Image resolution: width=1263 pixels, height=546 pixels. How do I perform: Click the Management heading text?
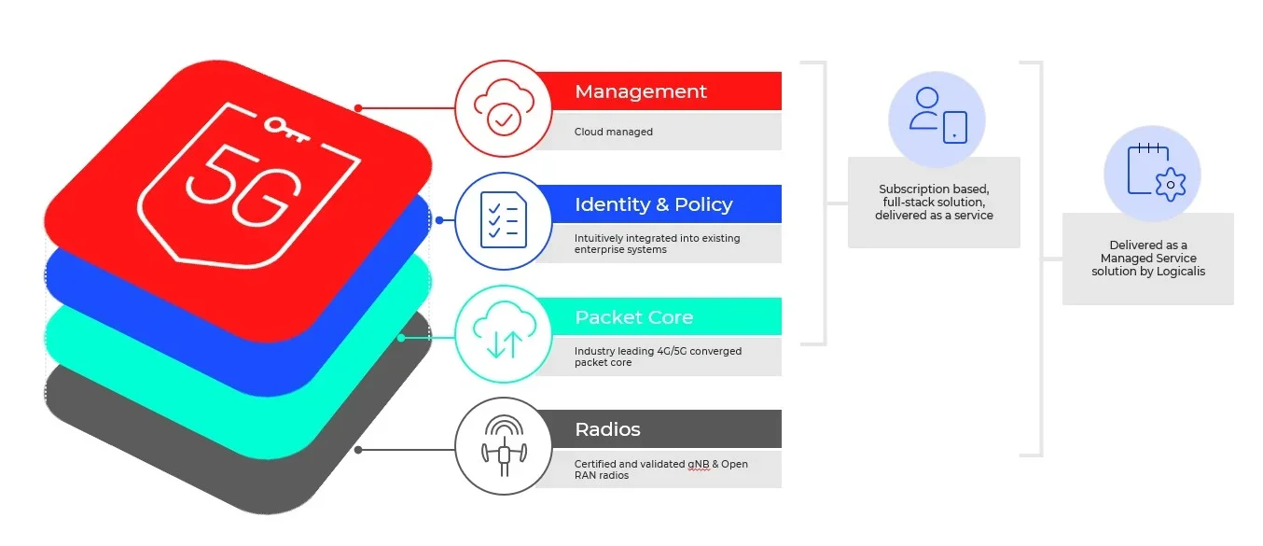pos(641,91)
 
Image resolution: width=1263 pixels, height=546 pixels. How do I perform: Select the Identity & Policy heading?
pos(654,204)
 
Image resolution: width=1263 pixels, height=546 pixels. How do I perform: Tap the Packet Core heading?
pos(633,317)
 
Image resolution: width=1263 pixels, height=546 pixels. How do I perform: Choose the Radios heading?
pos(608,429)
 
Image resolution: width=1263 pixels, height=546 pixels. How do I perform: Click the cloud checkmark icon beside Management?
pos(504,107)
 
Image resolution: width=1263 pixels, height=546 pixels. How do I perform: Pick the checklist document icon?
pos(504,220)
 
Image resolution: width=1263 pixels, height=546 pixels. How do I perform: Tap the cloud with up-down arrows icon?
pos(504,330)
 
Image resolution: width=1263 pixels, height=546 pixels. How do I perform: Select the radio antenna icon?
pos(504,446)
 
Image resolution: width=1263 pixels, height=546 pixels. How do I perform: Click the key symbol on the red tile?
pos(286,129)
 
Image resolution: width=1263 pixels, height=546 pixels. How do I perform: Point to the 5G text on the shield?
pos(243,185)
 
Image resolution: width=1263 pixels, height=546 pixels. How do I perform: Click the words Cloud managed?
pos(614,132)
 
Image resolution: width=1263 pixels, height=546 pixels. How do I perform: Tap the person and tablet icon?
pos(938,116)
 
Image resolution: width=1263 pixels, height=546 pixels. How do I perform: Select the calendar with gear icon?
pos(1157,173)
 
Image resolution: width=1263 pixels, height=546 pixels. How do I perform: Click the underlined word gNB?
pos(698,464)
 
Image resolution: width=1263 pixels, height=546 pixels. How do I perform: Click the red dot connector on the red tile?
pos(358,107)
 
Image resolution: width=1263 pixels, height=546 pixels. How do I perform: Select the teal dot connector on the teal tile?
pos(401,338)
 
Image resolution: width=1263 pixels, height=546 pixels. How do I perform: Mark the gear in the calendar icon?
pos(1171,185)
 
